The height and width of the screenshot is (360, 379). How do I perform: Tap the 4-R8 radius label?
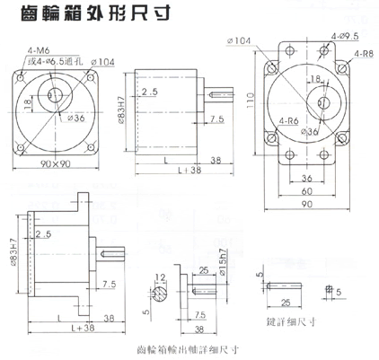[363, 55]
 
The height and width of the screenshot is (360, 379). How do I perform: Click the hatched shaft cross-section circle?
[158, 293]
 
